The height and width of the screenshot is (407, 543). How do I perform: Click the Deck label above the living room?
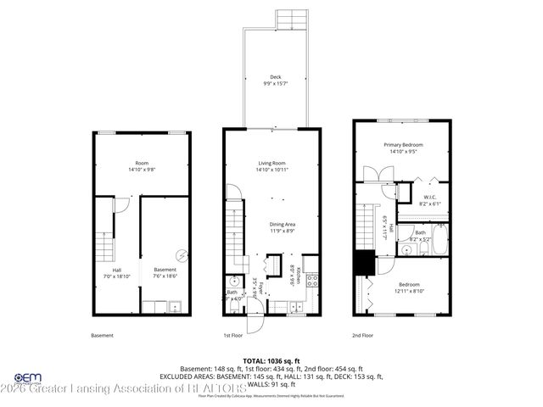coord(276,77)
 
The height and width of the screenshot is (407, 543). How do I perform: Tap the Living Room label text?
coord(272,163)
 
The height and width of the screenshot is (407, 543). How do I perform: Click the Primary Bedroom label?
coord(403,145)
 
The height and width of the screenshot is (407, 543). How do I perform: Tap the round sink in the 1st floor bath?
coord(232,282)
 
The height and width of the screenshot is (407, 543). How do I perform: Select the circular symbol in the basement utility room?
coord(180,255)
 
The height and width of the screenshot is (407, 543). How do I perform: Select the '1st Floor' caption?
coord(234,336)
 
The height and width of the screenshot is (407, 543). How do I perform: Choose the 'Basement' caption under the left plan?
coord(102,336)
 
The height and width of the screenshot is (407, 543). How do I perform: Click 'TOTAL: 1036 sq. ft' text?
coord(272,360)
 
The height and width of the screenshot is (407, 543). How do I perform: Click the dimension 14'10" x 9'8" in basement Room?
coord(142,170)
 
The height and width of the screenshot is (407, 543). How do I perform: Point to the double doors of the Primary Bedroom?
coord(374,176)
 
